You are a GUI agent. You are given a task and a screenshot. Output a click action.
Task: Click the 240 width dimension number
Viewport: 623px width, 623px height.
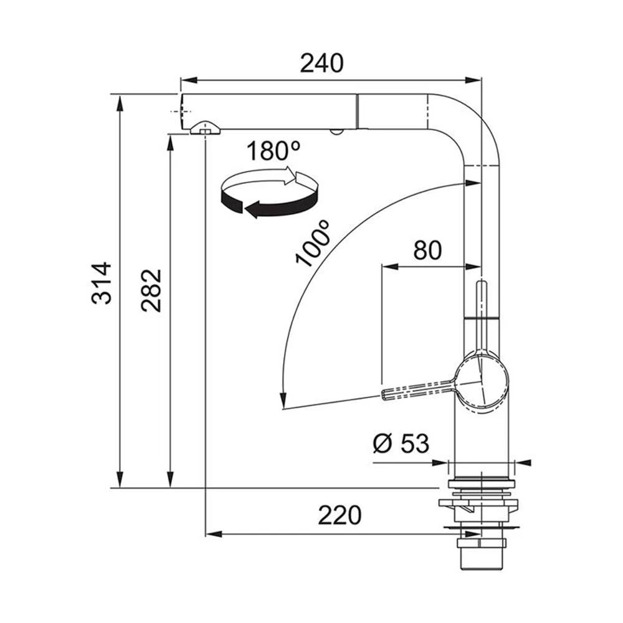coord(321,64)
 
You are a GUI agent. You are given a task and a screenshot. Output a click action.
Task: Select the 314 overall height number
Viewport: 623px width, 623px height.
coord(102,283)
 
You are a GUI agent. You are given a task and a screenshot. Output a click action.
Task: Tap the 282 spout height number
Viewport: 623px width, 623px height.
coord(151,290)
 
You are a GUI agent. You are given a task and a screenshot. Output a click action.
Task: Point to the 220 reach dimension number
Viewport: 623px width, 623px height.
coord(340,515)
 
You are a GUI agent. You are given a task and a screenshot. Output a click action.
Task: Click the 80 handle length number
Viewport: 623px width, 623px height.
coord(427,250)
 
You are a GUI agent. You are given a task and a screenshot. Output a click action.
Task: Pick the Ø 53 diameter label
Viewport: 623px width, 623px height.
coord(401,444)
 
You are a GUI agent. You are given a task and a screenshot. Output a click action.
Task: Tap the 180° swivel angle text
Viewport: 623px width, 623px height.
coord(273,151)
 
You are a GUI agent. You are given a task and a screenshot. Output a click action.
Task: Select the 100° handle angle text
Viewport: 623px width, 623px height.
coord(313,243)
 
